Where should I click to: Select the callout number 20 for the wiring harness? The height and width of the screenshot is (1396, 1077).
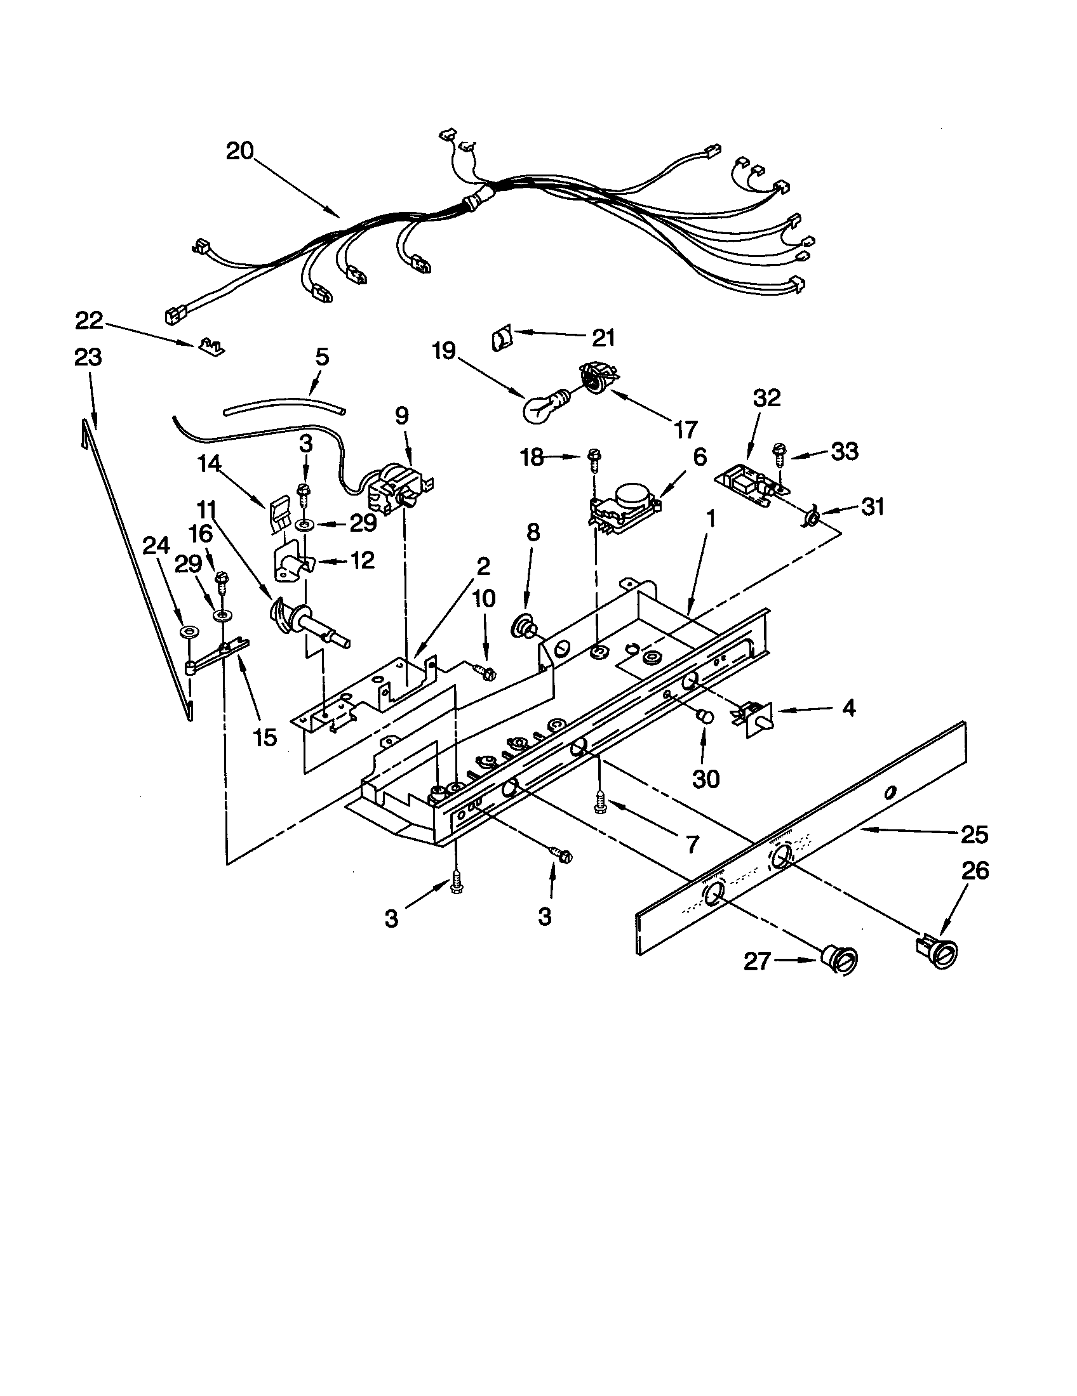click(240, 152)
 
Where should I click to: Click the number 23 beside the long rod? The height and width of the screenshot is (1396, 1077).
click(88, 357)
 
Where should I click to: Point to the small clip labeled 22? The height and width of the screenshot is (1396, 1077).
click(210, 346)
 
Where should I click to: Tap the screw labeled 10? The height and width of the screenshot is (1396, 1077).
click(486, 671)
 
